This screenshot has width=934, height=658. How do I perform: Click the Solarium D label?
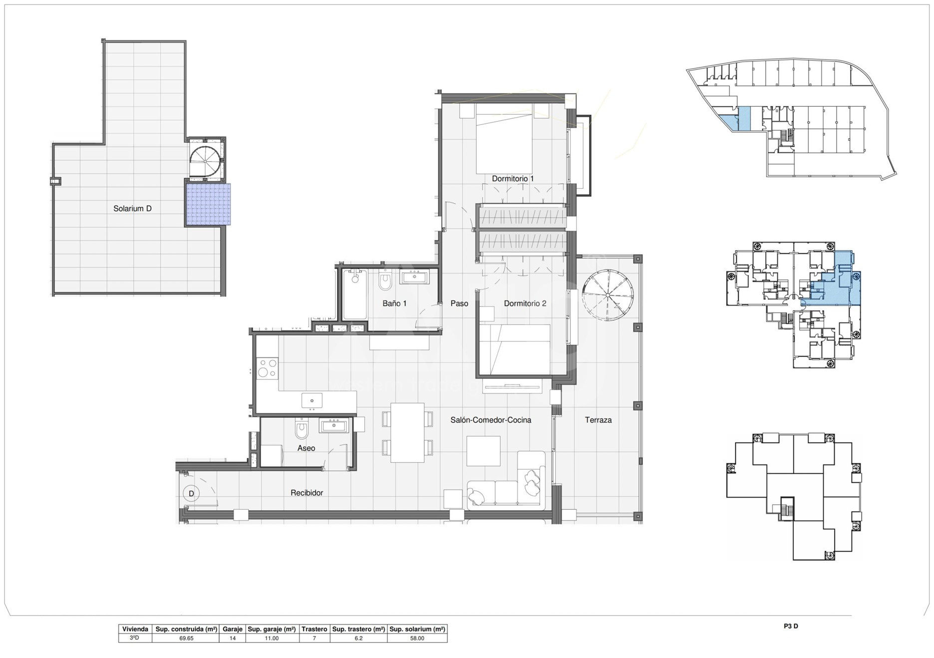click(132, 209)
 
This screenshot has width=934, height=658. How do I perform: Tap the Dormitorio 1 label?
click(513, 179)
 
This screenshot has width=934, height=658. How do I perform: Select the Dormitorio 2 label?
click(525, 304)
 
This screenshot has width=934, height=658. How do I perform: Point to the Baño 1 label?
click(394, 304)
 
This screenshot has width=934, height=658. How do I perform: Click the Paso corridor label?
click(459, 304)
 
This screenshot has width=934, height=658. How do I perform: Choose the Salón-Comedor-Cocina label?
click(491, 420)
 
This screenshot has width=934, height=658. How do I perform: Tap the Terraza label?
click(598, 420)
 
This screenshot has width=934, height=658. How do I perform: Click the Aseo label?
click(306, 448)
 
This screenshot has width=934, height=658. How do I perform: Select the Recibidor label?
click(307, 493)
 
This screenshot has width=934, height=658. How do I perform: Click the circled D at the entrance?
click(191, 494)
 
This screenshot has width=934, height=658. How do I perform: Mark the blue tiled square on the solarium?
click(208, 204)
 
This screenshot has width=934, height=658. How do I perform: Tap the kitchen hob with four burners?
click(267, 369)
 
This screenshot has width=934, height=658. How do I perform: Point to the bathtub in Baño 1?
click(355, 295)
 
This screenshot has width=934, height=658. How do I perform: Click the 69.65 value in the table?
click(186, 638)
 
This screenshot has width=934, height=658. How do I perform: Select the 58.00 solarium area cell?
click(417, 638)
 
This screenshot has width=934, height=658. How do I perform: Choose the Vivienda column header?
click(135, 629)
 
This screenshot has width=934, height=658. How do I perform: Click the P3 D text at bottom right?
click(791, 626)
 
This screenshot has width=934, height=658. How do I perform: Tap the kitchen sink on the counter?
click(312, 400)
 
